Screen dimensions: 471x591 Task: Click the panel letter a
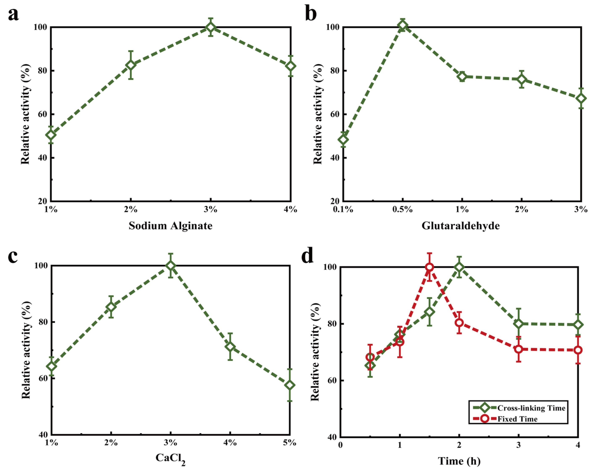tap(13, 14)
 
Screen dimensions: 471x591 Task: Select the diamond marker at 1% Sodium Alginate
tap(51, 135)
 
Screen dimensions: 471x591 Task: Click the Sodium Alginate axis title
tap(171, 226)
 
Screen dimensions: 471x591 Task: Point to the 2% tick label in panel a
tap(131, 210)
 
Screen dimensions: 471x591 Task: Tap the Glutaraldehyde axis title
tap(460, 226)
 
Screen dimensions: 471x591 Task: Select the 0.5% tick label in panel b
tap(402, 210)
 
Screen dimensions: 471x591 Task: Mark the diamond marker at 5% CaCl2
tap(290, 385)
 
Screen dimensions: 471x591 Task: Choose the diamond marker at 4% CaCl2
tap(230, 347)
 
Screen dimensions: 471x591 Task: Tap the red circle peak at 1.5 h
tap(430, 267)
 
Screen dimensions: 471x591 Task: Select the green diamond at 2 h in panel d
tap(459, 268)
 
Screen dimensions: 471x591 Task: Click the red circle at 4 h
tap(578, 350)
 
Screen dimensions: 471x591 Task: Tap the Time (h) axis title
tap(459, 461)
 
